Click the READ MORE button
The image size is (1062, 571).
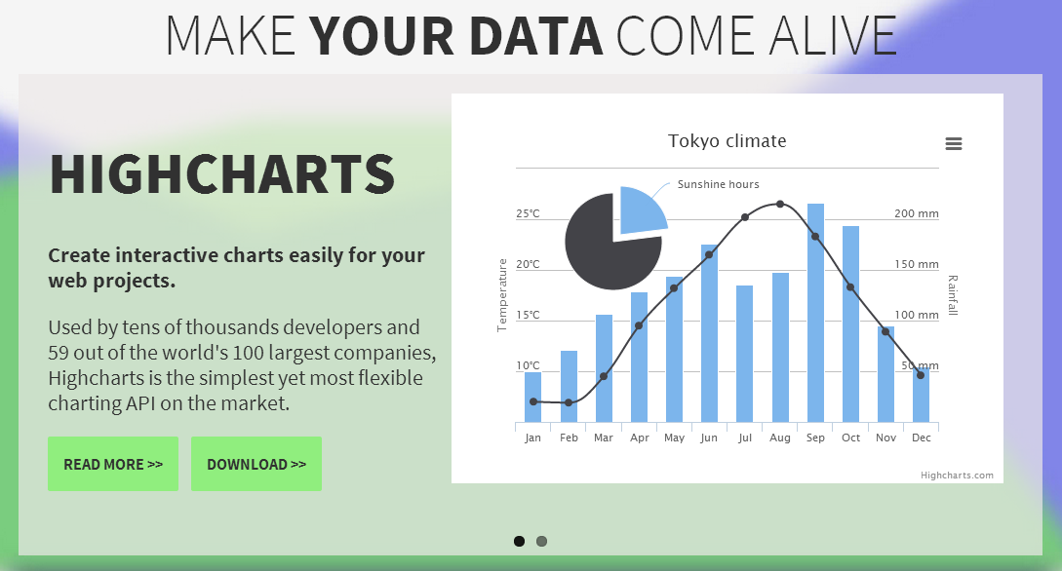(x=113, y=464)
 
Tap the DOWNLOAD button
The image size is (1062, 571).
(x=256, y=464)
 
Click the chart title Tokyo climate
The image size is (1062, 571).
(x=727, y=140)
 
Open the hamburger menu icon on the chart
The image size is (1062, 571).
(x=954, y=143)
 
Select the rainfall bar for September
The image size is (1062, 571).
(x=815, y=313)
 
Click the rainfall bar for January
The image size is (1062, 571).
(x=533, y=398)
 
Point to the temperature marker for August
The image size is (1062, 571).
(x=780, y=204)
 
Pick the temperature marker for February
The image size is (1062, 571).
(x=569, y=402)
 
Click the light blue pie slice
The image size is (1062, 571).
(x=640, y=209)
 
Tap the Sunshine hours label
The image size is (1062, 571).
(x=718, y=184)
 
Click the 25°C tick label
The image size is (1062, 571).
(x=528, y=213)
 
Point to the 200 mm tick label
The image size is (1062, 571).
(x=917, y=213)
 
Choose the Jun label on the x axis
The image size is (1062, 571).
(x=709, y=438)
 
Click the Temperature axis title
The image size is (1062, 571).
(x=502, y=295)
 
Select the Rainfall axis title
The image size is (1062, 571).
(x=952, y=295)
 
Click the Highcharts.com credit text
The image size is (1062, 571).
(x=957, y=475)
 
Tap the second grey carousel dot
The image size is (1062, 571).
(x=542, y=541)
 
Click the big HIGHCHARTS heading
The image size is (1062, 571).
(x=222, y=173)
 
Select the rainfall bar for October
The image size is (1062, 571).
(x=850, y=324)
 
